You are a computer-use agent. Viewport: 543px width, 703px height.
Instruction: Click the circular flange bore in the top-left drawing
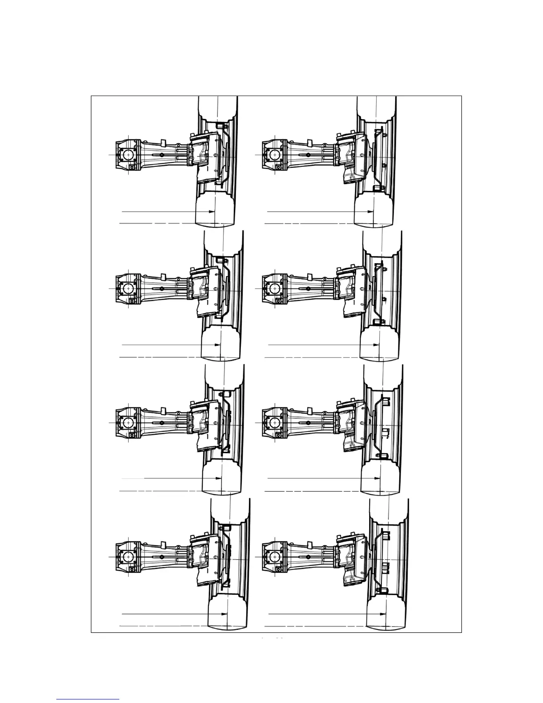coord(128,155)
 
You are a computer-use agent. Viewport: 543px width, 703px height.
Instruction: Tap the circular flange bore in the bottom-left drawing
coord(128,557)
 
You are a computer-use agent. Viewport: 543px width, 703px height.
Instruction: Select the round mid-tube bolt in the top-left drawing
coord(161,154)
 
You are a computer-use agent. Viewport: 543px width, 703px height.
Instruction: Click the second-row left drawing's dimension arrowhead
coord(217,345)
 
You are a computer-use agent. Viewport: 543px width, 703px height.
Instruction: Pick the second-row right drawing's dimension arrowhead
coord(376,345)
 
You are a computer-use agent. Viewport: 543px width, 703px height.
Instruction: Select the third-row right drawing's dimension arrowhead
coord(377,478)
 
